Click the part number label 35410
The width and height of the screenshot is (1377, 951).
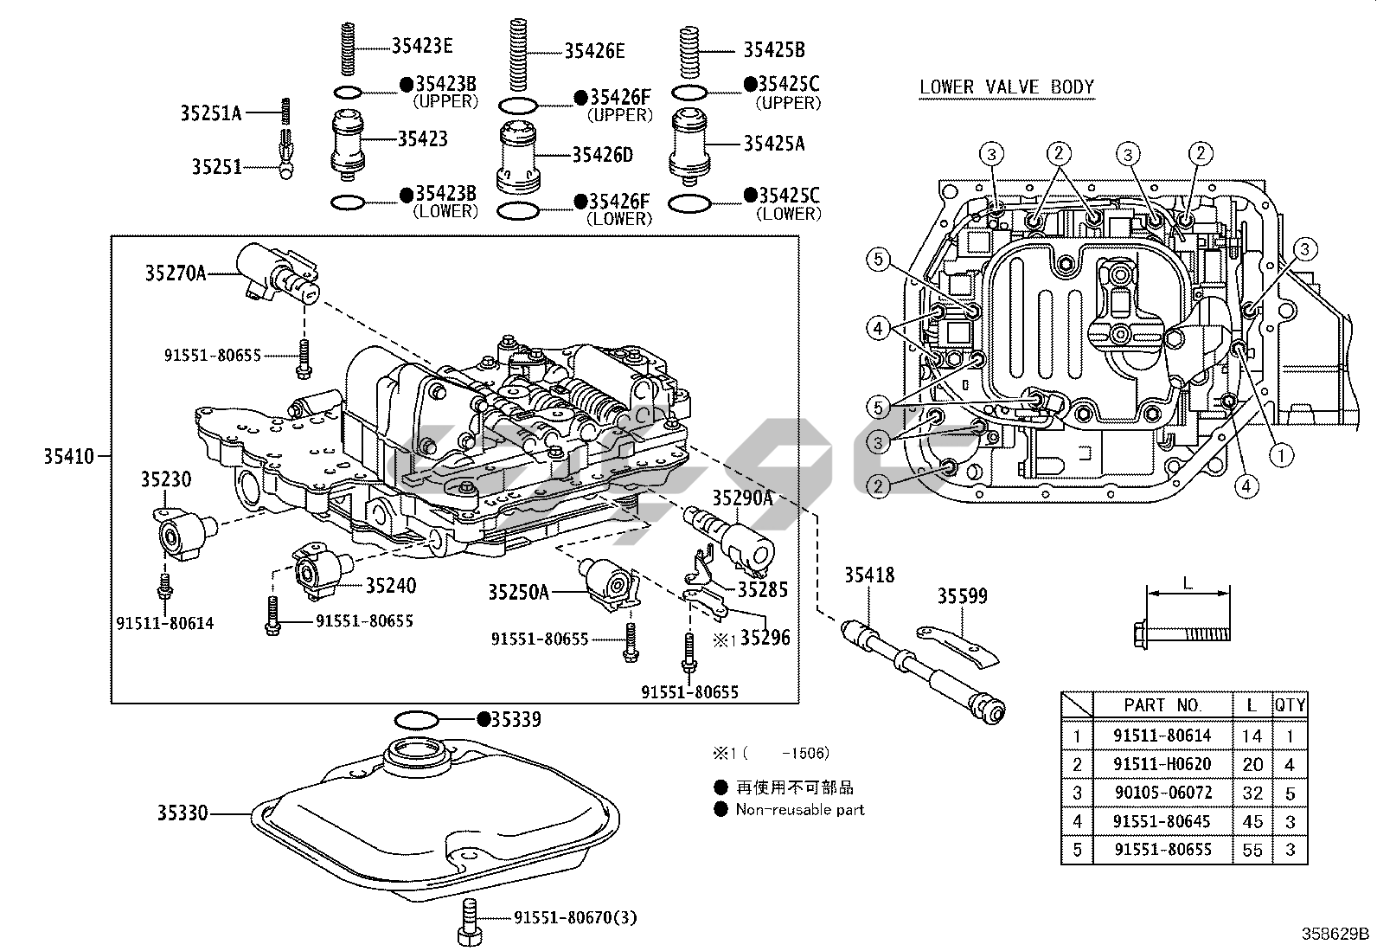[68, 455]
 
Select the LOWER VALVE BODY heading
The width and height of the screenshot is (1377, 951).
[1007, 87]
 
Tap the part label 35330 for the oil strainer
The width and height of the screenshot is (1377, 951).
[183, 813]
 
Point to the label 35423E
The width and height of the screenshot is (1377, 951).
[422, 47]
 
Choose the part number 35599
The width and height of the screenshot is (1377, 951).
[963, 596]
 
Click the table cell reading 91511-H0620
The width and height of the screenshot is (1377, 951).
[1162, 764]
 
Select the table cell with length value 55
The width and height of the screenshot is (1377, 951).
[1252, 850]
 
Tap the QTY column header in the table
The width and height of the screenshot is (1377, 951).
[1290, 705]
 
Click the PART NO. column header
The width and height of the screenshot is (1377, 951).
[1162, 705]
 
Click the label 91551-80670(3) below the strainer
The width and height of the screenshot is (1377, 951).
[574, 918]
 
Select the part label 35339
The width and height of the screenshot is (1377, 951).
[516, 719]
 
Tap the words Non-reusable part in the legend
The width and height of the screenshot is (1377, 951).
[799, 810]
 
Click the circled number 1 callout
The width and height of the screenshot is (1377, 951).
[1280, 453]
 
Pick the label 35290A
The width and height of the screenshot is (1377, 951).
[742, 498]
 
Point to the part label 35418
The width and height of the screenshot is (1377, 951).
[869, 575]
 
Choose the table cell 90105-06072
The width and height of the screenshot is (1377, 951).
[1162, 793]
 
